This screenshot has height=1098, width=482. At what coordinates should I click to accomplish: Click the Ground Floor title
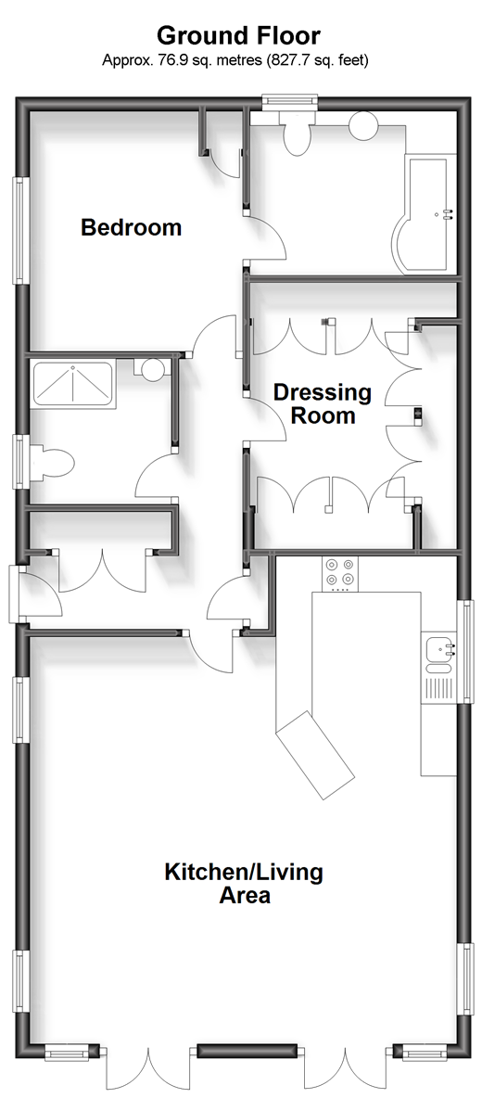click(238, 35)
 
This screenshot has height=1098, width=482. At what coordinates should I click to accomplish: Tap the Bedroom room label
click(132, 227)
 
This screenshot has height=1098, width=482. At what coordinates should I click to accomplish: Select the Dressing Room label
click(323, 403)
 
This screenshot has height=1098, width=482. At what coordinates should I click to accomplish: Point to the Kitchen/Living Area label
click(244, 884)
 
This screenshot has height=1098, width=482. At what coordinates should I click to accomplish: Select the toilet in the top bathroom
click(297, 134)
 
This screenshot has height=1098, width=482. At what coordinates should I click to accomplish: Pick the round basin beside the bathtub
click(363, 126)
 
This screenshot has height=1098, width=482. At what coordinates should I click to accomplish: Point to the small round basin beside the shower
click(153, 368)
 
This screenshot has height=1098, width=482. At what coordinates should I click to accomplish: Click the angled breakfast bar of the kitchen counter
click(315, 755)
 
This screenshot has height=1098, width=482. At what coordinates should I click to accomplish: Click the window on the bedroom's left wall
click(21, 230)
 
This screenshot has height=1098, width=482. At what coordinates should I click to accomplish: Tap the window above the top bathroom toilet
click(290, 103)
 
